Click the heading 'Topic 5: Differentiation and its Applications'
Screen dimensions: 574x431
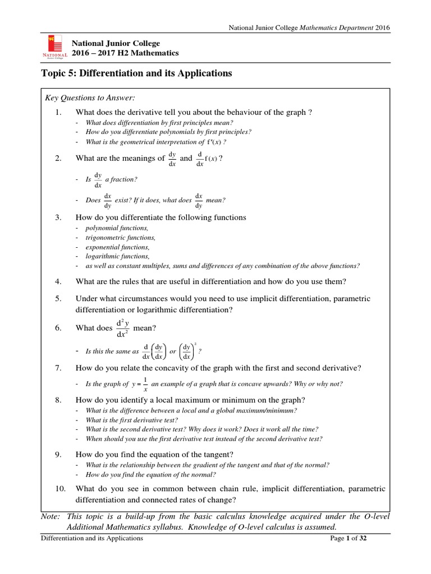[x=136, y=73]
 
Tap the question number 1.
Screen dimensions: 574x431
[x=57, y=112]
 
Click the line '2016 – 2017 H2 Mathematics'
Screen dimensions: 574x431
[x=125, y=53]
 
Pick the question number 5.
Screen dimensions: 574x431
[x=57, y=299]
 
